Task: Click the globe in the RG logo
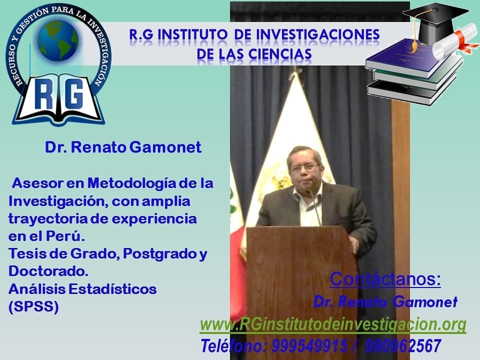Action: click(57, 40)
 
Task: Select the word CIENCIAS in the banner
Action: click(280, 54)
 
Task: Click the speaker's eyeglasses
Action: click(304, 168)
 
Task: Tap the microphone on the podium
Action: click(314, 207)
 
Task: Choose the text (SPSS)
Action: click(33, 306)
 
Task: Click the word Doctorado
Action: click(48, 271)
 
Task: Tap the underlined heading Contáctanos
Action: click(385, 279)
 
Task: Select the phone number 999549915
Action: click(309, 346)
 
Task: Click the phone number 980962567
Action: click(403, 346)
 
